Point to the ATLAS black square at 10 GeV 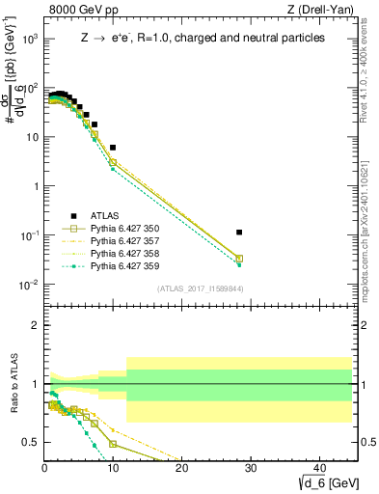pyautogui.click(x=113, y=148)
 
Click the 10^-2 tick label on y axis pyautogui.click(x=29, y=284)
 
